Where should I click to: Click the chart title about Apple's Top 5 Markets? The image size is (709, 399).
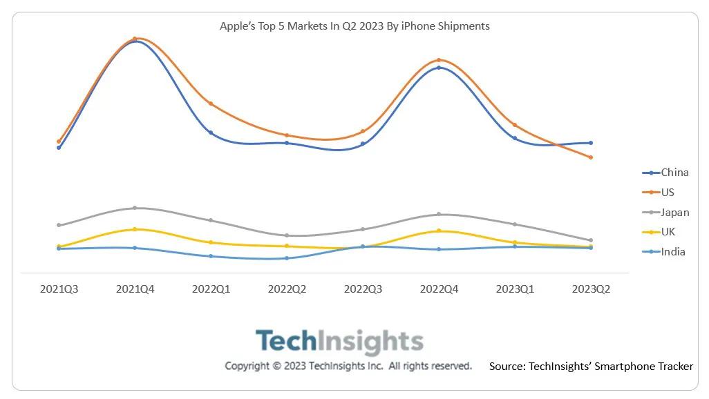[354, 26]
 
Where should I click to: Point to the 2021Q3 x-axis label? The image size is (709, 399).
[59, 289]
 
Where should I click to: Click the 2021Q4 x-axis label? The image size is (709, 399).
[135, 289]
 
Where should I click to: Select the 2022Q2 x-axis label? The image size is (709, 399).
[287, 289]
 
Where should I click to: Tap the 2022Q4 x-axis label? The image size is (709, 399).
[439, 289]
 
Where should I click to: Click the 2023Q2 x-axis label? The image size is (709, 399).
[591, 289]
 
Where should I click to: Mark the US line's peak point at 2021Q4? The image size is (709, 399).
[135, 39]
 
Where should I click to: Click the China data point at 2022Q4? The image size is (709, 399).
[439, 68]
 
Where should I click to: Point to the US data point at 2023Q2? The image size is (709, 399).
[591, 157]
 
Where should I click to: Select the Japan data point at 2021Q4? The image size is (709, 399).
[135, 208]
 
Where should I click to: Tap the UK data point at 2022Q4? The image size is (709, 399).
[439, 231]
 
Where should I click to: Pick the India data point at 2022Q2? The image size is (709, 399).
[287, 258]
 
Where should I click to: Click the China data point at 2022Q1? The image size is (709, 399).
[211, 133]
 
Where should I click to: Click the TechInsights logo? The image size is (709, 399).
[339, 342]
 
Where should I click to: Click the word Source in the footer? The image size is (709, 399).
[507, 367]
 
